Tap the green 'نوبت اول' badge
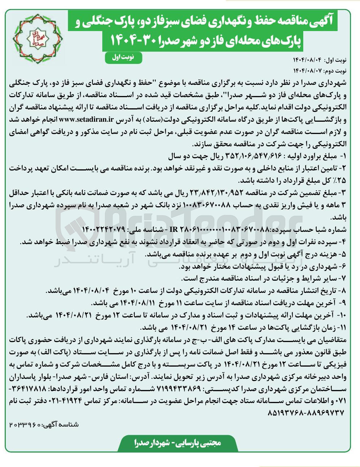point(123,57)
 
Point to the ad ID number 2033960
point(23,424)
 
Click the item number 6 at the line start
point(344,267)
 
